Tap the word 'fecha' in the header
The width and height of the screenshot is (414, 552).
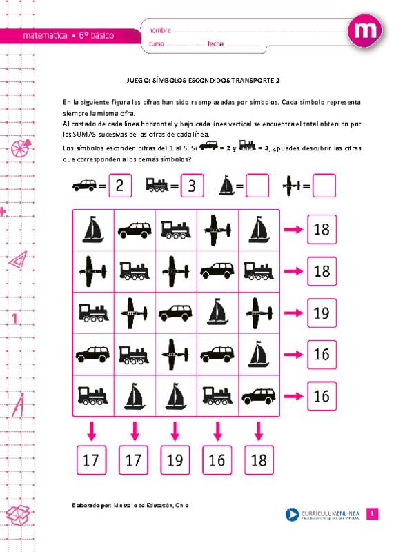click(x=215, y=44)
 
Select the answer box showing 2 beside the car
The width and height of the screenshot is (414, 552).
click(x=119, y=185)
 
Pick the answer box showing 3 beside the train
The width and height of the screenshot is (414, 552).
click(x=193, y=185)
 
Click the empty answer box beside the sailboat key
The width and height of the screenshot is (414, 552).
click(x=257, y=185)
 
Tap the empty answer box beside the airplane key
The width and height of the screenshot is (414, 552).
click(x=324, y=185)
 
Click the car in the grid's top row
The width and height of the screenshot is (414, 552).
click(x=135, y=230)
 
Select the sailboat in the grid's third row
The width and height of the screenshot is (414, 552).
click(x=217, y=312)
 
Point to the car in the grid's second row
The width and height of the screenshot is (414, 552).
click(x=217, y=270)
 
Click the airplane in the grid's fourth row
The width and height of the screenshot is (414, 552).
click(x=176, y=354)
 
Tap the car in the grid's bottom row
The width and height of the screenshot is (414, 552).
click(x=259, y=395)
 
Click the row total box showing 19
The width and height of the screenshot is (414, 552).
click(x=322, y=313)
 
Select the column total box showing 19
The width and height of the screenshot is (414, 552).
click(x=176, y=460)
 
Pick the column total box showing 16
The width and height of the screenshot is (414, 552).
click(x=217, y=460)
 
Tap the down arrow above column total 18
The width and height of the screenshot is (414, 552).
click(x=259, y=431)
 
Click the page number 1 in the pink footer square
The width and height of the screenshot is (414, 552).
click(x=372, y=514)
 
